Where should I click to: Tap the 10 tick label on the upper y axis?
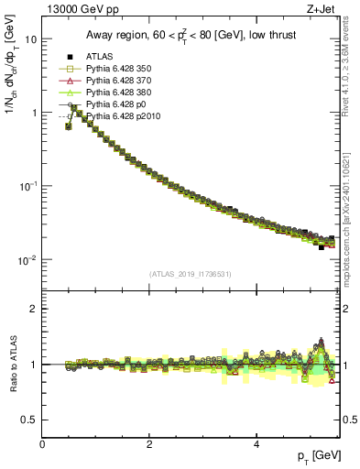(30, 39)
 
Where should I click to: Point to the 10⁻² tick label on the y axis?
(28, 260)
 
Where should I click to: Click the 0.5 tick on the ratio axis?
(29, 420)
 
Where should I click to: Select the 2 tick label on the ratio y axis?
(33, 309)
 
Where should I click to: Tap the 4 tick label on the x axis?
(256, 444)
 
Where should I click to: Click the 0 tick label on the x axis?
(43, 444)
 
